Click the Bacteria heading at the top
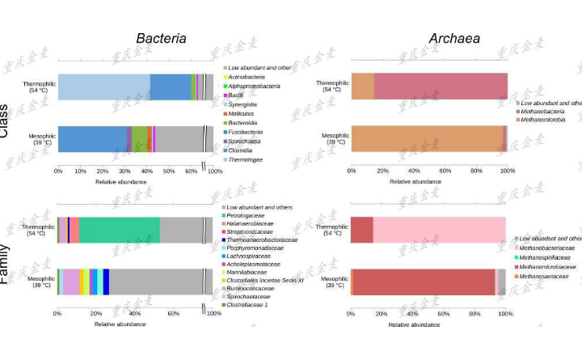click(x=161, y=39)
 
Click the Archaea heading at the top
click(x=454, y=39)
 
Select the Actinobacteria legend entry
click(x=246, y=77)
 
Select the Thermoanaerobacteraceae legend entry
click(x=262, y=239)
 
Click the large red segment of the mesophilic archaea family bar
click(x=424, y=282)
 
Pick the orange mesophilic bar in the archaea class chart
click(x=426, y=138)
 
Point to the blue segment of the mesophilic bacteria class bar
click(x=92, y=138)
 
